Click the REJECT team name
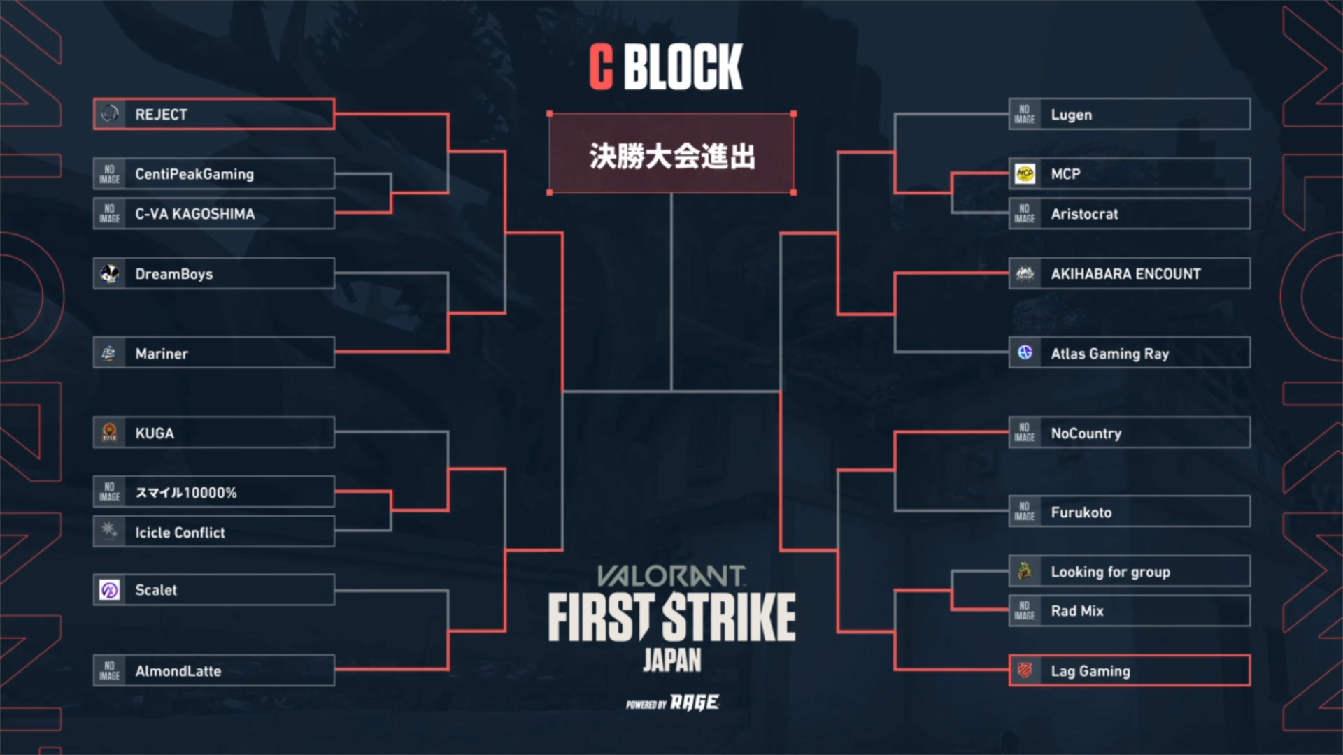[x=161, y=115]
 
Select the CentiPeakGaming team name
[x=194, y=174]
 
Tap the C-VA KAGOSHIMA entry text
[x=195, y=214]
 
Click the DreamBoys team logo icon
[x=110, y=273]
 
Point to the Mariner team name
[x=162, y=354]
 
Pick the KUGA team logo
[x=110, y=433]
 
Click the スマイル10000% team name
[x=186, y=493]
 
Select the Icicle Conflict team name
[x=180, y=533]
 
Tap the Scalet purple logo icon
[x=110, y=590]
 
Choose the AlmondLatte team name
[x=178, y=671]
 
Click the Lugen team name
[x=1071, y=115]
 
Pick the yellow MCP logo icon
[x=1025, y=173]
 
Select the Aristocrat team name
[x=1084, y=214]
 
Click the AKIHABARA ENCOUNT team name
[x=1125, y=274]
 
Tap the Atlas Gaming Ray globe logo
[x=1025, y=352]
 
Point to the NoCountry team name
[x=1086, y=433]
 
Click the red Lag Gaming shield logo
[x=1025, y=670]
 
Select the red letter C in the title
[x=601, y=66]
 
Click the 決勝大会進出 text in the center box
[x=671, y=155]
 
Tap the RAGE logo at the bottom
[x=695, y=702]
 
